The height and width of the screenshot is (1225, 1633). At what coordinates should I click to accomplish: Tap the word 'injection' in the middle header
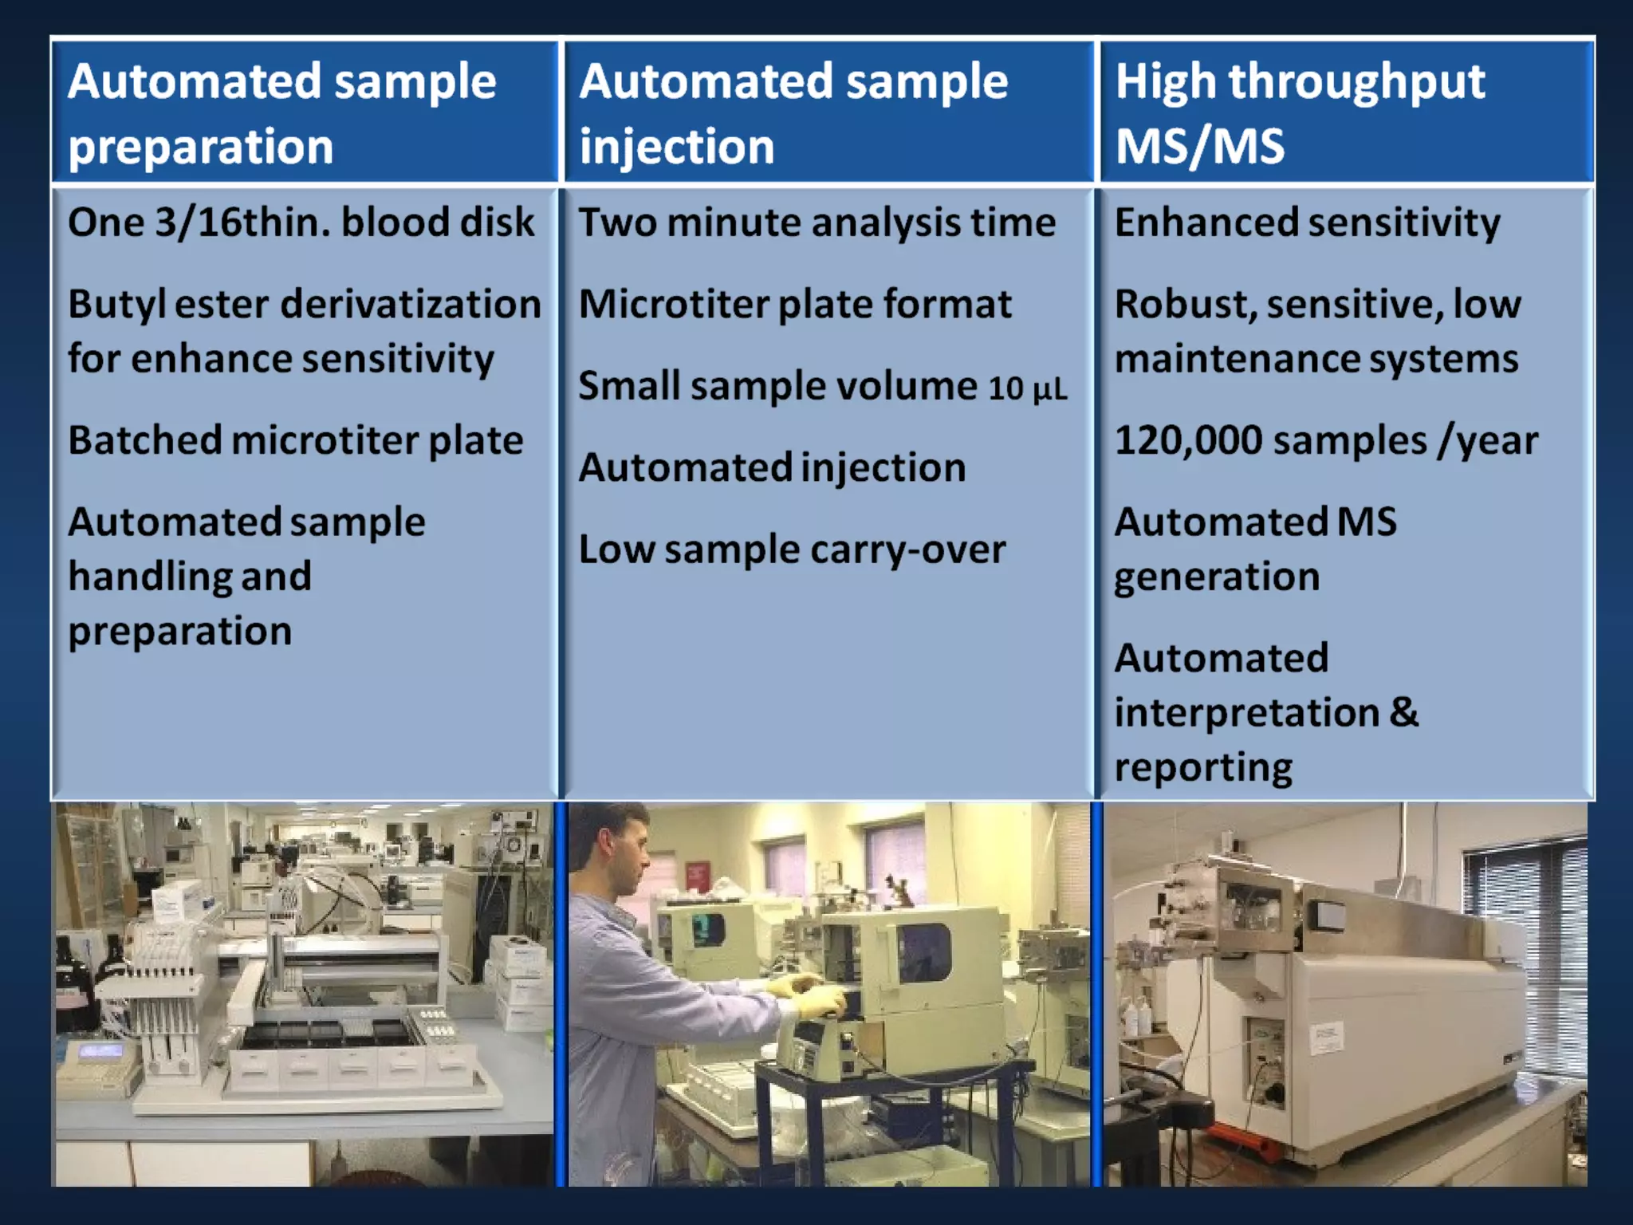tap(677, 147)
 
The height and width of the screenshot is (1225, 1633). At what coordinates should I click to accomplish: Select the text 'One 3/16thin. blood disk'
tap(301, 222)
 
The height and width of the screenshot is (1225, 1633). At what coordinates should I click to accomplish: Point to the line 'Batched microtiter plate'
tap(295, 440)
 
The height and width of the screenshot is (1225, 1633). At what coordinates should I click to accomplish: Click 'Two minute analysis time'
tap(816, 222)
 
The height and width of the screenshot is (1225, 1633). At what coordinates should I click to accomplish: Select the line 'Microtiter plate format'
tap(795, 305)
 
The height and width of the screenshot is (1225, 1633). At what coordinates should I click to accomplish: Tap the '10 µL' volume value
tap(1027, 389)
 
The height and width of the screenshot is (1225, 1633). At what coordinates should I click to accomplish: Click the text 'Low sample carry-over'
tap(792, 549)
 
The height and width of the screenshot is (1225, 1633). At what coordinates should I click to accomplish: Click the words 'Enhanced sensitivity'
tap(1307, 222)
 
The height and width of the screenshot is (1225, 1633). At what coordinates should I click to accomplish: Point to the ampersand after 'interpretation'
tap(1404, 711)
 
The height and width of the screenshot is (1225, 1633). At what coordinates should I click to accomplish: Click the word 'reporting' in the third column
tap(1202, 767)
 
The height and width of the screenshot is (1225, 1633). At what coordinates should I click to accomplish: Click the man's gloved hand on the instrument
tap(813, 997)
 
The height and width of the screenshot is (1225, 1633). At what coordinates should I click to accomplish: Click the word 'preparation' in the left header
tap(200, 148)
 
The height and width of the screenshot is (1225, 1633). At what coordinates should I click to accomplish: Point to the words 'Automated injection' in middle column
tap(772, 467)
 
